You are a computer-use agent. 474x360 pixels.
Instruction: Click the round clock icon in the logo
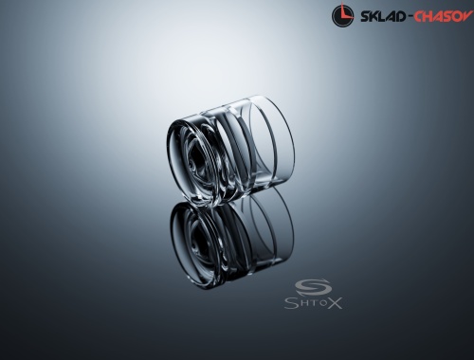pos(343,15)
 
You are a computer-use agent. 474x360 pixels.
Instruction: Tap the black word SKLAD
pos(383,16)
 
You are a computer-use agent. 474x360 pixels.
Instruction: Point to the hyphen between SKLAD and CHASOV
pos(410,17)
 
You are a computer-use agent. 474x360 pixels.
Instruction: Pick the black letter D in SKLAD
pos(401,16)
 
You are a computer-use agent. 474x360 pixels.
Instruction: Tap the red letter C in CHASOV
pos(419,16)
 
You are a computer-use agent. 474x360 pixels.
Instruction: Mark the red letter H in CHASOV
pos(428,16)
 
